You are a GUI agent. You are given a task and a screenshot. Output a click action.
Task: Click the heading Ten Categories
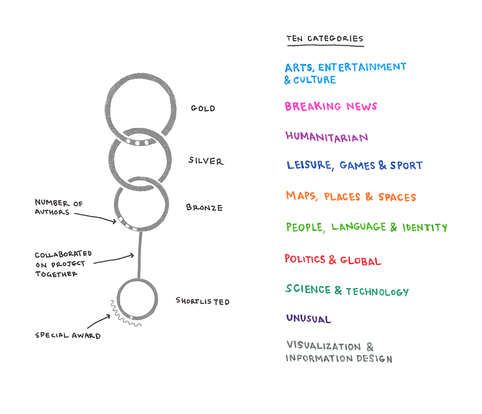click(x=325, y=39)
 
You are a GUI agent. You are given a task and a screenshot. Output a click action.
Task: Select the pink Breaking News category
click(x=331, y=106)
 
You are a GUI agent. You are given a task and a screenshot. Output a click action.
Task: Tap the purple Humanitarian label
click(x=327, y=136)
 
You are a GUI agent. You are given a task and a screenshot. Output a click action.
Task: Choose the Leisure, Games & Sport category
click(x=354, y=166)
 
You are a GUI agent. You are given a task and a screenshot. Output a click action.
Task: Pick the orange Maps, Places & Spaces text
click(x=351, y=197)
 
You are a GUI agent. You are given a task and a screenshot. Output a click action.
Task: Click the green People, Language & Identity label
click(x=366, y=227)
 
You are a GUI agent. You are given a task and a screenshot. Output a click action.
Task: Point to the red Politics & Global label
click(x=332, y=260)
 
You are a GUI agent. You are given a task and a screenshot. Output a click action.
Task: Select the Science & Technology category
click(x=347, y=291)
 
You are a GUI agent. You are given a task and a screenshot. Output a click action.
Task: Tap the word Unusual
click(x=308, y=319)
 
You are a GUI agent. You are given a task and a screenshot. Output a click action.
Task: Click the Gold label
click(x=203, y=108)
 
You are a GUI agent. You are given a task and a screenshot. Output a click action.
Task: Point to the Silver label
click(x=205, y=161)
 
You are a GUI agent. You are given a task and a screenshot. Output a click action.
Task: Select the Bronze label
click(x=204, y=207)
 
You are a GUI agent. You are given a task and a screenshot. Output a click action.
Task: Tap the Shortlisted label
click(x=203, y=302)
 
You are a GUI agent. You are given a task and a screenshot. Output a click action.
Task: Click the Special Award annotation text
click(x=68, y=335)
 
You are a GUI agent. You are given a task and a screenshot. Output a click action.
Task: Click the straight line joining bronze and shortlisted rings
click(x=140, y=255)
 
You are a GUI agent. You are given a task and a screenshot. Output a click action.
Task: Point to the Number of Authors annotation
click(x=52, y=207)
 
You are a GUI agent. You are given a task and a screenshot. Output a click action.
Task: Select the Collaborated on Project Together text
click(x=63, y=264)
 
